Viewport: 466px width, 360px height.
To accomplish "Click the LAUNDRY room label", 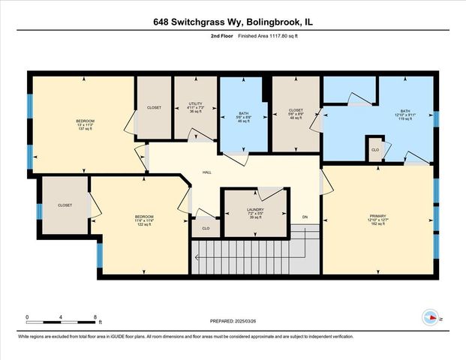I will [255, 215].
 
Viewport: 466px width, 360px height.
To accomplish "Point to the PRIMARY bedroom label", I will [377, 219].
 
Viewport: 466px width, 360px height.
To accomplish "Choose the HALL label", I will [206, 172].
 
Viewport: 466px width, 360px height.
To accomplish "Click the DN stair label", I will [305, 217].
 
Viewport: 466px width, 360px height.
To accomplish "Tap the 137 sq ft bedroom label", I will [85, 124].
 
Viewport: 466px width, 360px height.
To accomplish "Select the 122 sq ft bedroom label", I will [143, 220].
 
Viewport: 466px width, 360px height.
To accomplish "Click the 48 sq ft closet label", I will [296, 114].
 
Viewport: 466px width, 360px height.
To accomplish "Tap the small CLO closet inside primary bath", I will [374, 150].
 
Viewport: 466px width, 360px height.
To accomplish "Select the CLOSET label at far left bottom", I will [65, 205].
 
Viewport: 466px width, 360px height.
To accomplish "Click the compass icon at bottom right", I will [431, 317].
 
